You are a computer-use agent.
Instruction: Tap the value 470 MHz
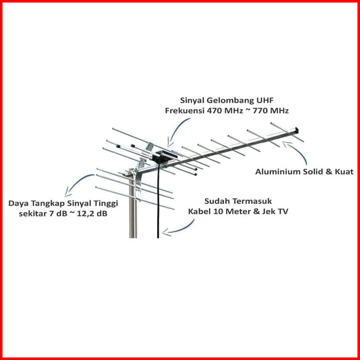[x=222, y=111]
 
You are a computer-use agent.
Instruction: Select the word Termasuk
[x=251, y=201]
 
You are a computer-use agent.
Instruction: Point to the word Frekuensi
[x=183, y=111]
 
